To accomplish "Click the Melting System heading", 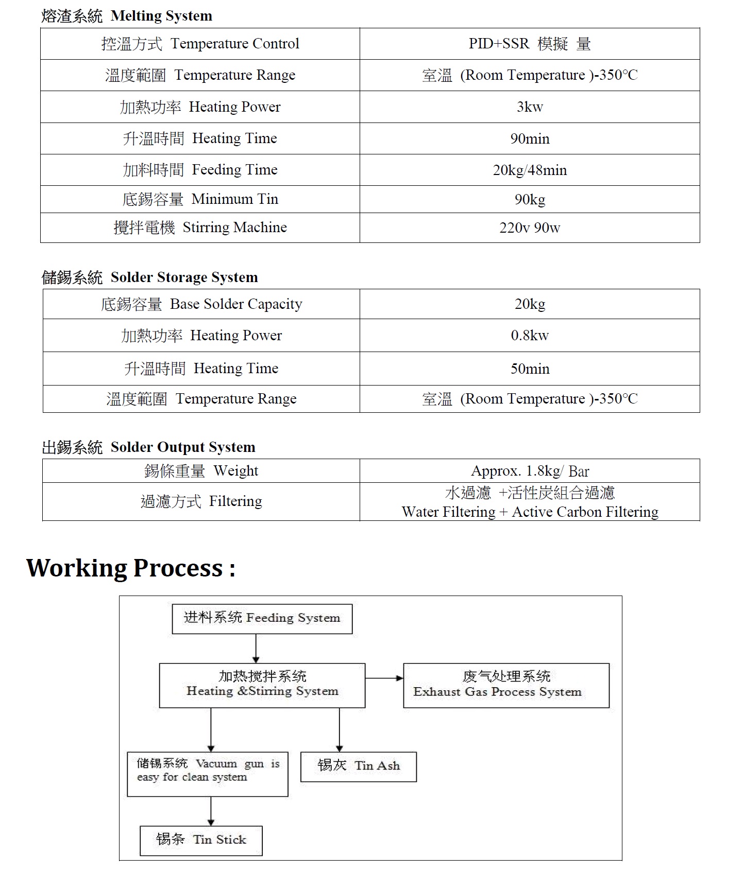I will (x=127, y=16).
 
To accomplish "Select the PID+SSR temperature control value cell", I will (x=529, y=44).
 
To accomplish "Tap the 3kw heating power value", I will (x=530, y=107).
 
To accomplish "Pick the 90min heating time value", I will (x=530, y=139).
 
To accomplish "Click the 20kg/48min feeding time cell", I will (x=530, y=170).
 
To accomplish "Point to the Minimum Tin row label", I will (x=200, y=199).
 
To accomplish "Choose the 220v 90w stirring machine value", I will (x=530, y=228).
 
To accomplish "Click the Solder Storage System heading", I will (x=149, y=277).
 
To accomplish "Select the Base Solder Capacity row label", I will (x=201, y=304).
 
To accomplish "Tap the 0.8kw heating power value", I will (x=530, y=336).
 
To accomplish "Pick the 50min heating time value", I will (x=530, y=369).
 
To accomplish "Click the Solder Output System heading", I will (x=148, y=447).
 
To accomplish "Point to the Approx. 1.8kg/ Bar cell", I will (x=530, y=471).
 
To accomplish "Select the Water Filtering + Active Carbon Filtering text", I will (x=530, y=512).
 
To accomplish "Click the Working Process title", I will (x=131, y=568).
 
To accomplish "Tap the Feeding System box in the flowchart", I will (x=262, y=618).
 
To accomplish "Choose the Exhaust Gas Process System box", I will (x=506, y=685).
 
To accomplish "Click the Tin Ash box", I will (x=358, y=766).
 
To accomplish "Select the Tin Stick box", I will (x=201, y=841).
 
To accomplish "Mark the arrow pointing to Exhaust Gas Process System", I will (x=384, y=678).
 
